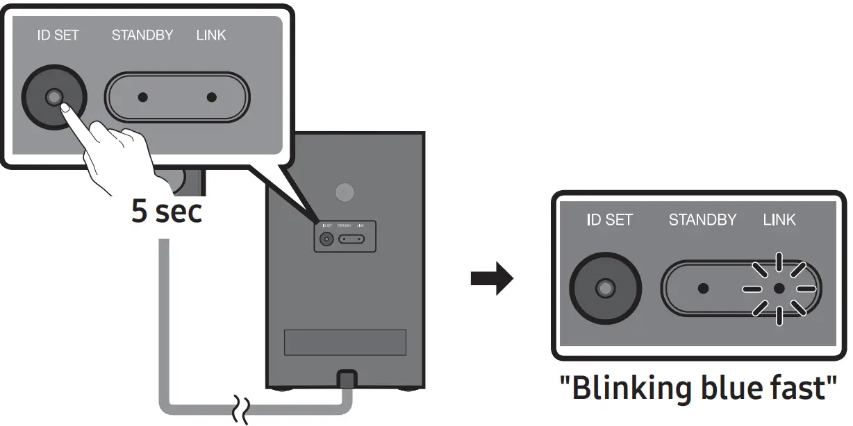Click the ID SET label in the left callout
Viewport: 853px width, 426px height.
pyautogui.click(x=58, y=35)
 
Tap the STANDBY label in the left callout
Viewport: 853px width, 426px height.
pyautogui.click(x=142, y=35)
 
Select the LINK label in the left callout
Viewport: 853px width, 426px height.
pyautogui.click(x=211, y=35)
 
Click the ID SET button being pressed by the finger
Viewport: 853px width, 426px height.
pyautogui.click(x=54, y=98)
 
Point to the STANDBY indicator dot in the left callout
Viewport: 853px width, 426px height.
pyautogui.click(x=142, y=98)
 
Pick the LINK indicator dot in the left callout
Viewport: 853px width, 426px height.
pyautogui.click(x=212, y=98)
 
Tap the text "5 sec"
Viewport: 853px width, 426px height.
pyautogui.click(x=167, y=212)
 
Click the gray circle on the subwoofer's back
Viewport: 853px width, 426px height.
pyautogui.click(x=345, y=192)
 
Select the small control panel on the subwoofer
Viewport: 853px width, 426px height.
pyautogui.click(x=345, y=237)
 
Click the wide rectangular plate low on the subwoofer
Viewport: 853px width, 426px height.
pyautogui.click(x=345, y=343)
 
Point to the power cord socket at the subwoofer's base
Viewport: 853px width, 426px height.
pyautogui.click(x=345, y=380)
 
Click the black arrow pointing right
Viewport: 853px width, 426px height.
pyautogui.click(x=492, y=280)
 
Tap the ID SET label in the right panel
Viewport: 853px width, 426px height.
pyautogui.click(x=609, y=220)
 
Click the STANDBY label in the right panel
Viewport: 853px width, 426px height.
pyautogui.click(x=702, y=220)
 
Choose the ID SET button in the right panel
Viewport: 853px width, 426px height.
pyautogui.click(x=605, y=287)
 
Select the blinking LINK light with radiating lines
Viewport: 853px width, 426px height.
pyautogui.click(x=779, y=288)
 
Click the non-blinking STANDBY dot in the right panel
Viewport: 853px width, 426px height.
pyautogui.click(x=703, y=288)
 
